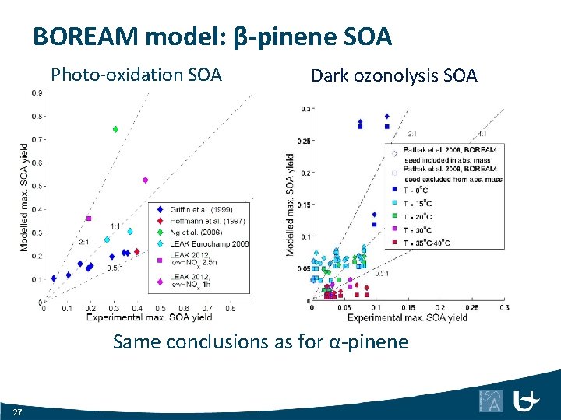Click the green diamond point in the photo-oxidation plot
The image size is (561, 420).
[x=115, y=129]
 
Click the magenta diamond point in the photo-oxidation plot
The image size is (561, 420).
[x=145, y=180]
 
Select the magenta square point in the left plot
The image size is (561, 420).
[x=89, y=219]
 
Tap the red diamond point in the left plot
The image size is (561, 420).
[x=136, y=251]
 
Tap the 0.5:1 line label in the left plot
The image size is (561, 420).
[x=115, y=268]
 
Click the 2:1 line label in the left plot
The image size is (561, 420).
[x=83, y=243]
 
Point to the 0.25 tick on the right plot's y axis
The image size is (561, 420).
[x=305, y=141]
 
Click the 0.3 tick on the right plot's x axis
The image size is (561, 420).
[x=503, y=308]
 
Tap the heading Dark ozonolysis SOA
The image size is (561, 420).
[x=393, y=75]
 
